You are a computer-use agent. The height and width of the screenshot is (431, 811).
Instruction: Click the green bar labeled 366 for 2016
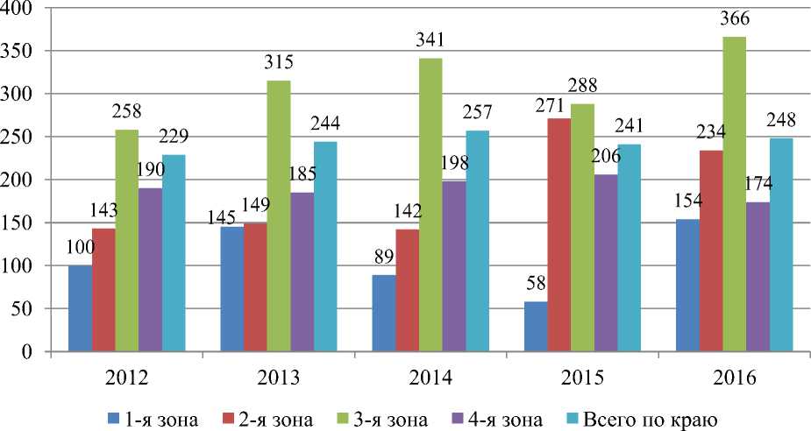[x=734, y=194]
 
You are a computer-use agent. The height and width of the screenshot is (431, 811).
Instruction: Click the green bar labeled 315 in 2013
[x=279, y=216]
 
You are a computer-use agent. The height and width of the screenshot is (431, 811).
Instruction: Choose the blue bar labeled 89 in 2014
[x=383, y=314]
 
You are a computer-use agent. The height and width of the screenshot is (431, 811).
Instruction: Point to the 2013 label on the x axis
[x=279, y=378]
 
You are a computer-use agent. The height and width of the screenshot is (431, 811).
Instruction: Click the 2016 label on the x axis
[x=734, y=378]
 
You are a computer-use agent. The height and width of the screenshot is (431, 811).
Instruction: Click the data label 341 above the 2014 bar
[x=430, y=40]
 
